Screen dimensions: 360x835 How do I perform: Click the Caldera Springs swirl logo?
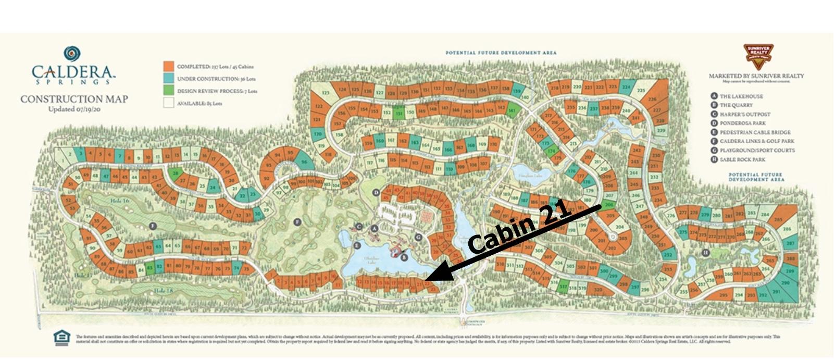point(72,54)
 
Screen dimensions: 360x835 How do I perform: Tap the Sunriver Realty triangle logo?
point(758,56)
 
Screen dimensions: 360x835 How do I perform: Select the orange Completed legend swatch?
point(168,67)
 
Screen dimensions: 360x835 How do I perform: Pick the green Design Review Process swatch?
point(168,91)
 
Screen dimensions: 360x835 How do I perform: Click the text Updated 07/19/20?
point(73,109)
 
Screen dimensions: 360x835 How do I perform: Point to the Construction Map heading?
point(73,99)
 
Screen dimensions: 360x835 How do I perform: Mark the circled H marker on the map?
point(705,253)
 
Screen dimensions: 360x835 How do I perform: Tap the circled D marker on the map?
point(376,193)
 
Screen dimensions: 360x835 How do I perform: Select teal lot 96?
point(304,162)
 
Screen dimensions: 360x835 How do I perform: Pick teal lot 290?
point(786,282)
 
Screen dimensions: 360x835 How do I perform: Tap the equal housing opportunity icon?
point(62,338)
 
